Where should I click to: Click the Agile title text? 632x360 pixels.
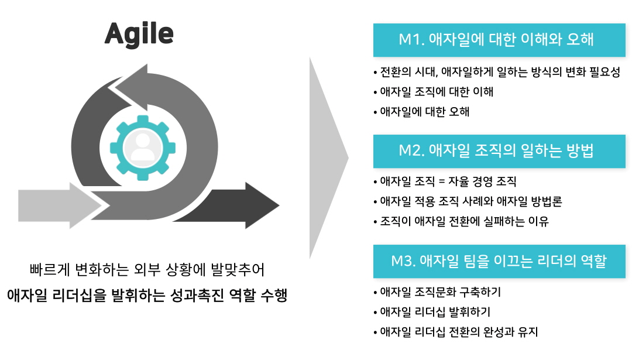[139, 35]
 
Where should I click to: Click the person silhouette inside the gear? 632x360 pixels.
[143, 148]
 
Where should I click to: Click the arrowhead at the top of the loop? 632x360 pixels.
[129, 86]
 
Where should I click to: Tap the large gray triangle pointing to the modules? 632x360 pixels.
[328, 158]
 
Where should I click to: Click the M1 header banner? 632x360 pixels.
[499, 40]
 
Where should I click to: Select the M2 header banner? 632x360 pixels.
[499, 151]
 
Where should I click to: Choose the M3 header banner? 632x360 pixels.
[499, 261]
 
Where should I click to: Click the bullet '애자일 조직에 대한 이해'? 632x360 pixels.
[433, 92]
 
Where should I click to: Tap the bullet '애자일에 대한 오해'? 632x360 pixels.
[421, 112]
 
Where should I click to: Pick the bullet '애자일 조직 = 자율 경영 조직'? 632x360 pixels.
[445, 181]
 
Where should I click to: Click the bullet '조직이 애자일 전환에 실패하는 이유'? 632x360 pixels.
[461, 221]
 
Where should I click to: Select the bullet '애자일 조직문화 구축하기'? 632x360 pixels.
[437, 292]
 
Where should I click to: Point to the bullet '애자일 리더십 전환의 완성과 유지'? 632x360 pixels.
[456, 332]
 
